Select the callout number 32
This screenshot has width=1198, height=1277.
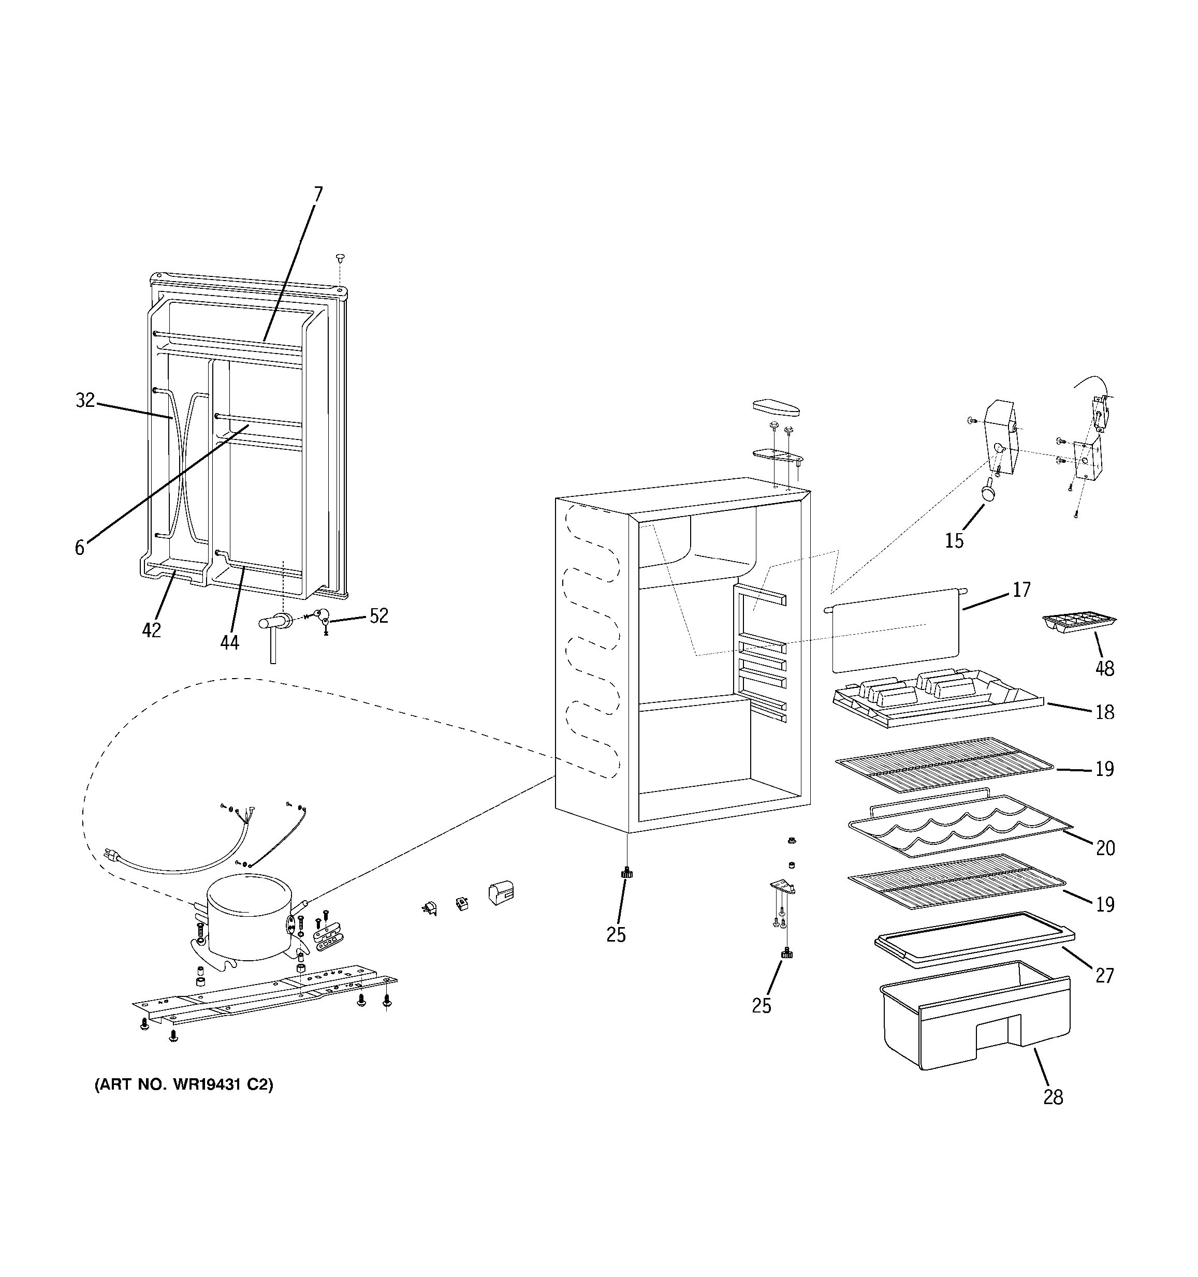[x=85, y=400]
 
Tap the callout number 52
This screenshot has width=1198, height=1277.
[x=379, y=616]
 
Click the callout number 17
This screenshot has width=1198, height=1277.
[x=1021, y=589]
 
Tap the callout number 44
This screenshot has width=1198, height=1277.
[x=229, y=642]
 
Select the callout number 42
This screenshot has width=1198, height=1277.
[x=151, y=631]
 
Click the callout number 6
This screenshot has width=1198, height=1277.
[x=80, y=548]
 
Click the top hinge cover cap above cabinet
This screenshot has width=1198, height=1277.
[x=777, y=408]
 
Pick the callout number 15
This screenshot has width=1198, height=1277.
[x=954, y=541]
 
